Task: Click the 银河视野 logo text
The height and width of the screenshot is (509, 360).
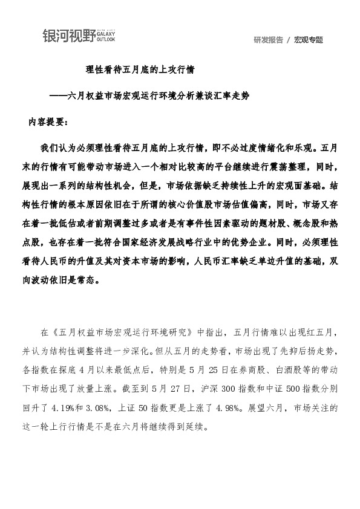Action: coord(68,36)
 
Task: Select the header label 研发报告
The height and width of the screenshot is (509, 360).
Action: coord(269,41)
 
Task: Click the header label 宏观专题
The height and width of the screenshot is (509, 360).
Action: coord(309,41)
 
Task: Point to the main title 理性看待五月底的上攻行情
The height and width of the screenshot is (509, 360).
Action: coord(140,70)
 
